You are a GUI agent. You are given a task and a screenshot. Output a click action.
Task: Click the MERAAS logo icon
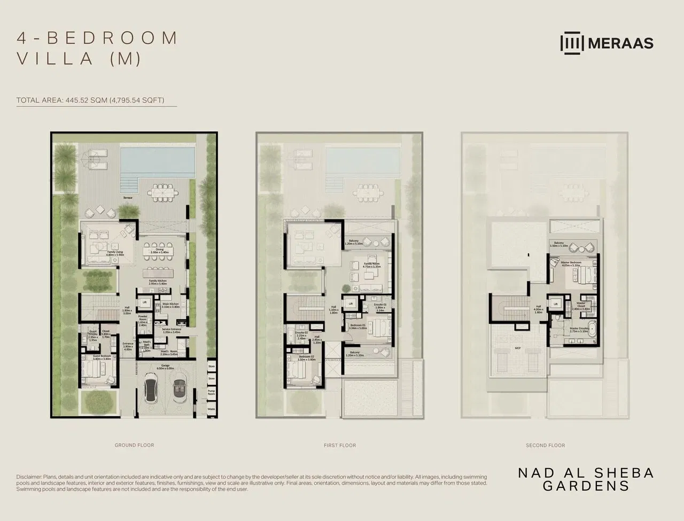pyautogui.click(x=572, y=43)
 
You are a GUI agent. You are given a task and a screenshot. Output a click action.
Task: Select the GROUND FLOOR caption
pyautogui.click(x=134, y=445)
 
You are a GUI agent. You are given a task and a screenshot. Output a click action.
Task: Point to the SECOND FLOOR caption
pyautogui.click(x=545, y=445)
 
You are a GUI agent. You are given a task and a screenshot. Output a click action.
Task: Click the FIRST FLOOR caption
pyautogui.click(x=340, y=445)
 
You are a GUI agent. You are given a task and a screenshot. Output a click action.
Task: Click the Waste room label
pyautogui.click(x=211, y=409)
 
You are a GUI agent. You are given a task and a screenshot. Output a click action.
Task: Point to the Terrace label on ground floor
pyautogui.click(x=127, y=198)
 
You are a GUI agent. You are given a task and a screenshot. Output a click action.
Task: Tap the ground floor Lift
pyautogui.click(x=144, y=303)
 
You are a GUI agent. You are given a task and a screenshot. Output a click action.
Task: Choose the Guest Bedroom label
pyautogui.click(x=102, y=356)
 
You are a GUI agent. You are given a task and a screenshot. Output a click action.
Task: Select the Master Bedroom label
pyautogui.click(x=571, y=263)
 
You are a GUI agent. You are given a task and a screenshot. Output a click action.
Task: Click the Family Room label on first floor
pyautogui.click(x=371, y=264)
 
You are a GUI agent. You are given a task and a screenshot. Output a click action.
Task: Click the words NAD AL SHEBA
pyautogui.click(x=586, y=473)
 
